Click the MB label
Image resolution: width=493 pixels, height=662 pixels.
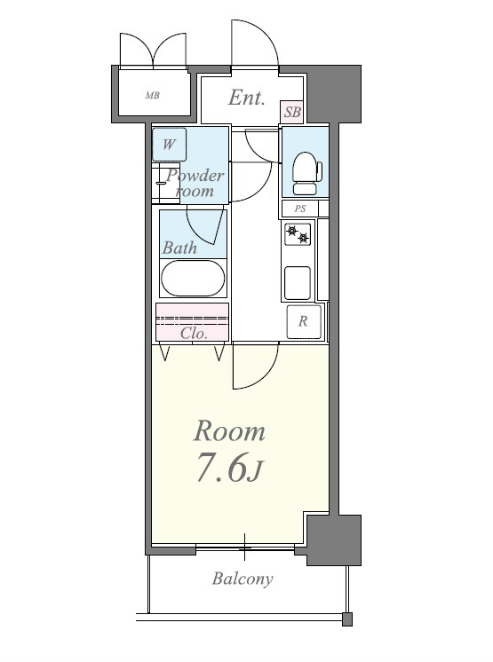pos(152,96)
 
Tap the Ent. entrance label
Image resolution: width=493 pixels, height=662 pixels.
pos(247,98)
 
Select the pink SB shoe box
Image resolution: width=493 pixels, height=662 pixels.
pos(292,113)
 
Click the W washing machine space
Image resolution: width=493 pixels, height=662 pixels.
pos(169,145)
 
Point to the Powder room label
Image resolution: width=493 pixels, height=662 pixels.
pos(195,183)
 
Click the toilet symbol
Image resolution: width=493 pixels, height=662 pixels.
pos(306,173)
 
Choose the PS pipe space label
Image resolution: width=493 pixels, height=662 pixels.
pos(300,209)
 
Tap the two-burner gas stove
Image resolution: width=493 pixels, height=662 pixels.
pos(298,234)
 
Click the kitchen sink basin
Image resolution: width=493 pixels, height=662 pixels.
pos(298,282)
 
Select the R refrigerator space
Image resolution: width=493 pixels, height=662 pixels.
pos(303,322)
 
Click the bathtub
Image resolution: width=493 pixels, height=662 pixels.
pos(193,279)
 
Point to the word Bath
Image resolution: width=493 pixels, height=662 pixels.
pos(179,248)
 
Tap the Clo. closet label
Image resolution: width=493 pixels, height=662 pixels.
pos(194,334)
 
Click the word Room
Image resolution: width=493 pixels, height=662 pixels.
pos(229,431)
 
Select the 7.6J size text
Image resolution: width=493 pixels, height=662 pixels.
pos(229,469)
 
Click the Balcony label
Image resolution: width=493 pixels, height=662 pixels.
pos(243,579)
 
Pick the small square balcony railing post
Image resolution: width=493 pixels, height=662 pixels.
pos(346,619)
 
